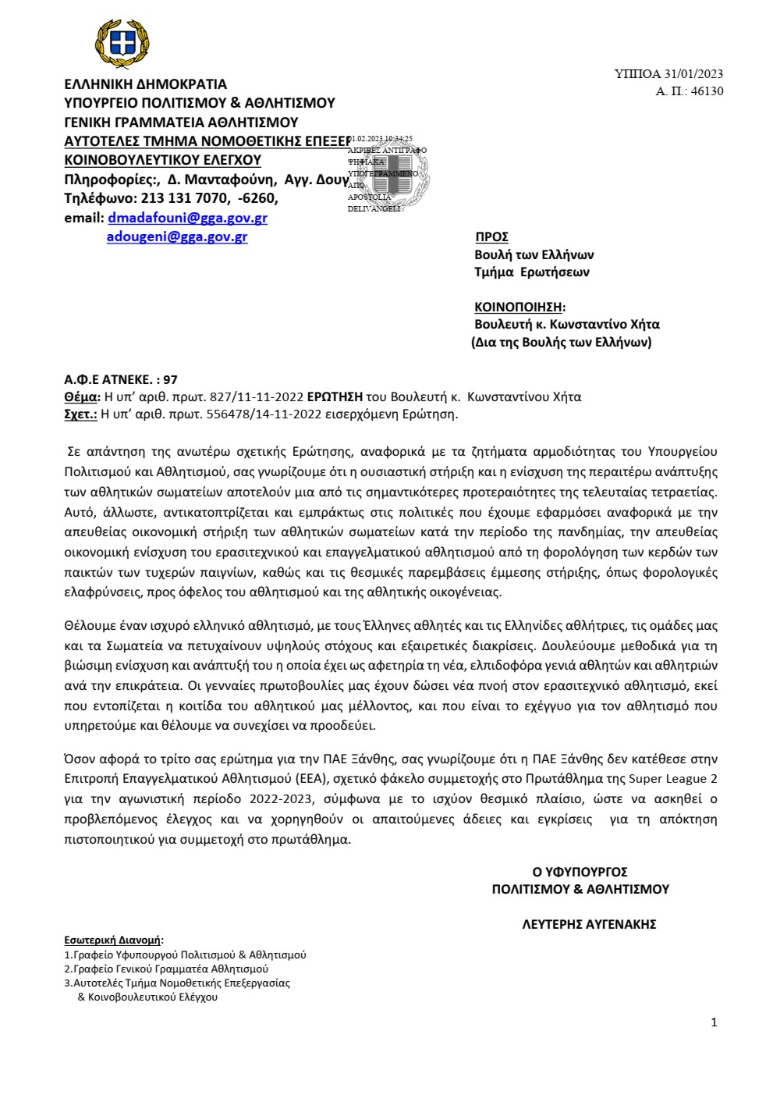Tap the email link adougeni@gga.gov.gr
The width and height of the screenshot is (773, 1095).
[177, 236]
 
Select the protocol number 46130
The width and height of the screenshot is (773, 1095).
[707, 91]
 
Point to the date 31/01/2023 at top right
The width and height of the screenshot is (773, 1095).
[693, 74]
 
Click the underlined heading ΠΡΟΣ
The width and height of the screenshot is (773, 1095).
[491, 236]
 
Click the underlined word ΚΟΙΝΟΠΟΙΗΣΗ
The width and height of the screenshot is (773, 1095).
[518, 307]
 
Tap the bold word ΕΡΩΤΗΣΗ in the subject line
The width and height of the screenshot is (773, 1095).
[335, 396]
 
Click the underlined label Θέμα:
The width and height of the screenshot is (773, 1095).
[82, 396]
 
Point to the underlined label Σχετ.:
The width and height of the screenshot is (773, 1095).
[80, 414]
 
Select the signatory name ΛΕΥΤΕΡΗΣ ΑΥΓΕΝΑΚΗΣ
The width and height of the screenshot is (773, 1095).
[589, 924]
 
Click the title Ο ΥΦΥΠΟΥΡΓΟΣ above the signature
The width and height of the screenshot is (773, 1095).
[580, 872]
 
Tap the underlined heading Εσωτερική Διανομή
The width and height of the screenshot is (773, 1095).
[113, 940]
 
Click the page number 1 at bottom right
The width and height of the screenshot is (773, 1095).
[713, 1022]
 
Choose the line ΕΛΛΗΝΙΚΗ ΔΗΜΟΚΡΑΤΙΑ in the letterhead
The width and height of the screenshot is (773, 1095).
[145, 84]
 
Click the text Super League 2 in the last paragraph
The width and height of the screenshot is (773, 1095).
[673, 779]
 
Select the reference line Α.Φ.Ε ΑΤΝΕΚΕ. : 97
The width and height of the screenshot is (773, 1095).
[121, 380]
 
